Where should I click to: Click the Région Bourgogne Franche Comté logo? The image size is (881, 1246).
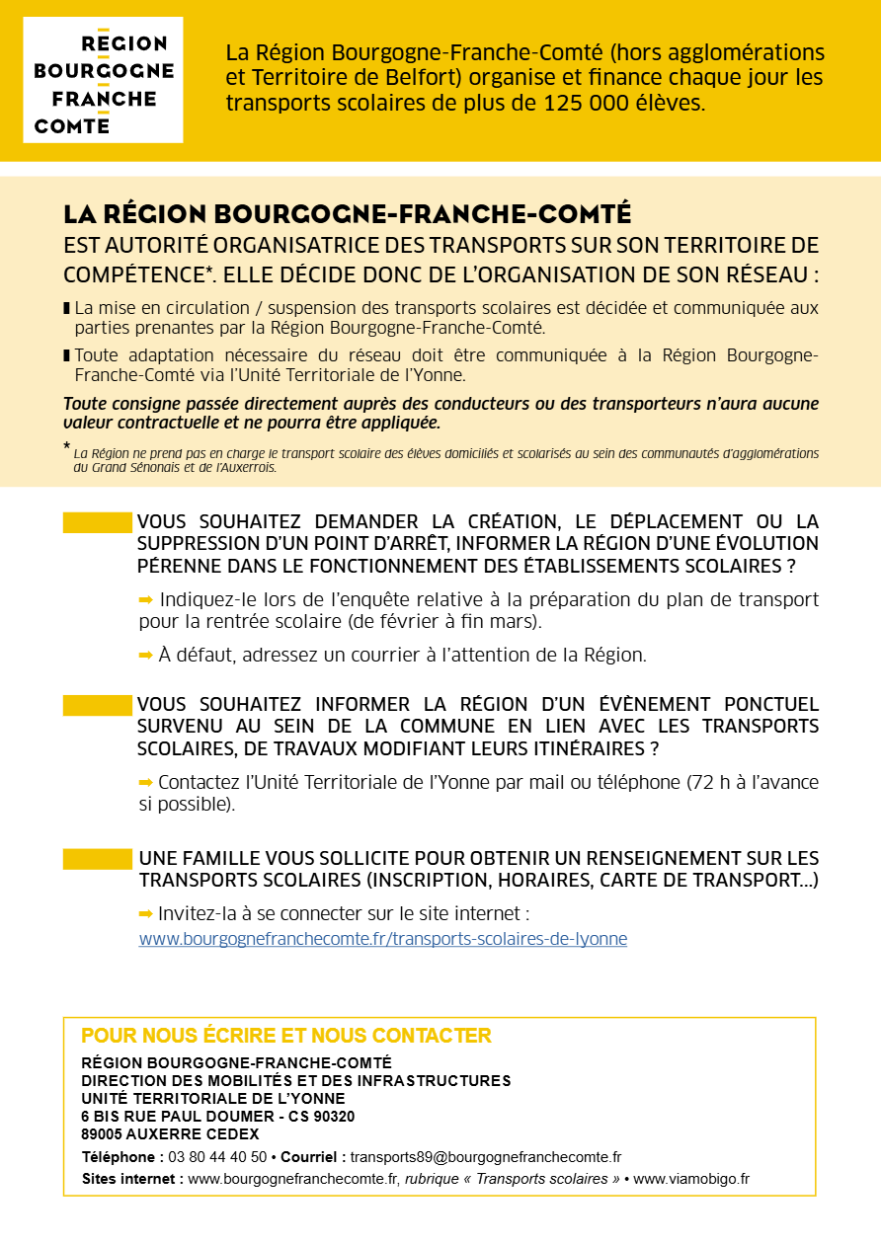[103, 80]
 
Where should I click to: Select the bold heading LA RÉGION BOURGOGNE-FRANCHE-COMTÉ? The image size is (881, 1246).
[347, 214]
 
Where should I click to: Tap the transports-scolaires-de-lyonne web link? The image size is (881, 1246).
[382, 939]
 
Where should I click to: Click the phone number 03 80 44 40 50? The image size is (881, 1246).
[217, 1157]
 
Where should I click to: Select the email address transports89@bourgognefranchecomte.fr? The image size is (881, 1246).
[485, 1157]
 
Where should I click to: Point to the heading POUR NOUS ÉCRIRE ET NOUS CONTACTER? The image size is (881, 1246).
[285, 1036]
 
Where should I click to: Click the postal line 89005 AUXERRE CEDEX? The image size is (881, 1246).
[170, 1134]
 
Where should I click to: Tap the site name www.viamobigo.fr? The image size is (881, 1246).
[691, 1179]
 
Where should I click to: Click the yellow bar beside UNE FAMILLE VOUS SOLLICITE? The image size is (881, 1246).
[97, 859]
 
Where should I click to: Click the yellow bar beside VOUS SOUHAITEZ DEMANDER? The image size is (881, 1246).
[97, 522]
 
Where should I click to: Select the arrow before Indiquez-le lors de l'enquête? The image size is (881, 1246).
[146, 599]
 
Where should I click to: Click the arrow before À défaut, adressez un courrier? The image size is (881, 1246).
[146, 654]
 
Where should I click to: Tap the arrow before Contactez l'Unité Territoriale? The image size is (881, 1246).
[146, 782]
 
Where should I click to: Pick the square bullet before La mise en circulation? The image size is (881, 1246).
[67, 308]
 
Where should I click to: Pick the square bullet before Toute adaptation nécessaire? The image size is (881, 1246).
[67, 355]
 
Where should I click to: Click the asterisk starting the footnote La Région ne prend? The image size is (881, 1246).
[66, 447]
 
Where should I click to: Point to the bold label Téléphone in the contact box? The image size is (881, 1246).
[122, 1157]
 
